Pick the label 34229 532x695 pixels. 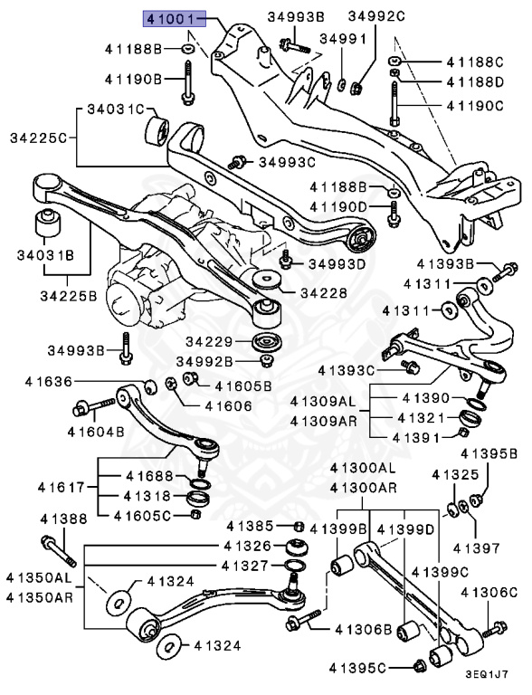point(209,341)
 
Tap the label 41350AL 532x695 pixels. point(37,576)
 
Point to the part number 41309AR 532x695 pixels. point(324,421)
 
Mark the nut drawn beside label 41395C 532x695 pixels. point(418,668)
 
